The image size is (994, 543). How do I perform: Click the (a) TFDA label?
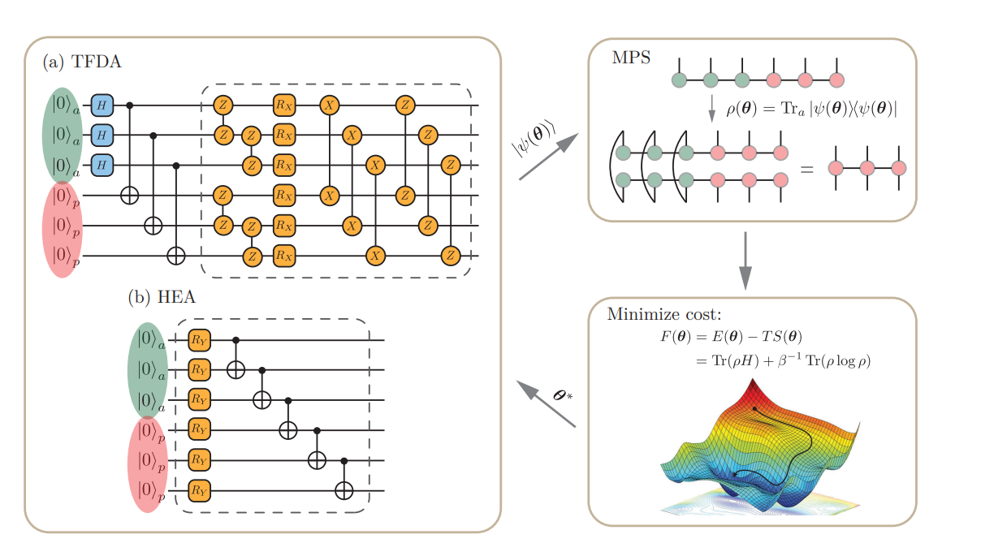82,62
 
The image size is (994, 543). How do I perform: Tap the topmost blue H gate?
102,105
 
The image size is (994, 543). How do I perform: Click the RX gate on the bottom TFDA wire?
283,256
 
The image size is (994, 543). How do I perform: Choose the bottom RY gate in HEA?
199,490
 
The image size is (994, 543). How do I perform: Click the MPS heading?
631,59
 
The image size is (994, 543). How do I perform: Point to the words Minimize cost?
657,314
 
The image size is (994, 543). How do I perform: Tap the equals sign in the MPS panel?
806,169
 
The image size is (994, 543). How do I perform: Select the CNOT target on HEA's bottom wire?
346,489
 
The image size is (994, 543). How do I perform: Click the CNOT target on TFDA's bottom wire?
175,256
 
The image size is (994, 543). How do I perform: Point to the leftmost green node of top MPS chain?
680,80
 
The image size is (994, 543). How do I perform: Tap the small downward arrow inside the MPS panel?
711,108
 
